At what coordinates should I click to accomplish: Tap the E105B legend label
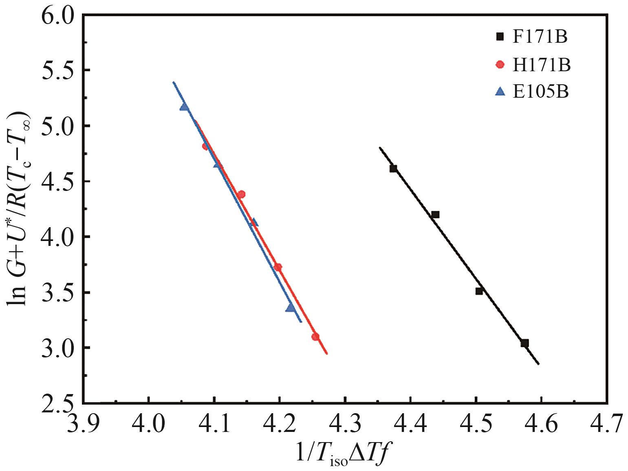point(540,92)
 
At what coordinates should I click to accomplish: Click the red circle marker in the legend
point(500,65)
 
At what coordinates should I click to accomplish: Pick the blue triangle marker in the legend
point(500,92)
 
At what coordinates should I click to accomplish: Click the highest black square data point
point(393,169)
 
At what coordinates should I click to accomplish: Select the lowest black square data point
point(524,343)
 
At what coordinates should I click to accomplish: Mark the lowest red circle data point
point(315,337)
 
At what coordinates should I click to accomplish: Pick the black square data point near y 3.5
point(479,291)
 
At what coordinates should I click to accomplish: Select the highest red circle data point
point(206,146)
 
